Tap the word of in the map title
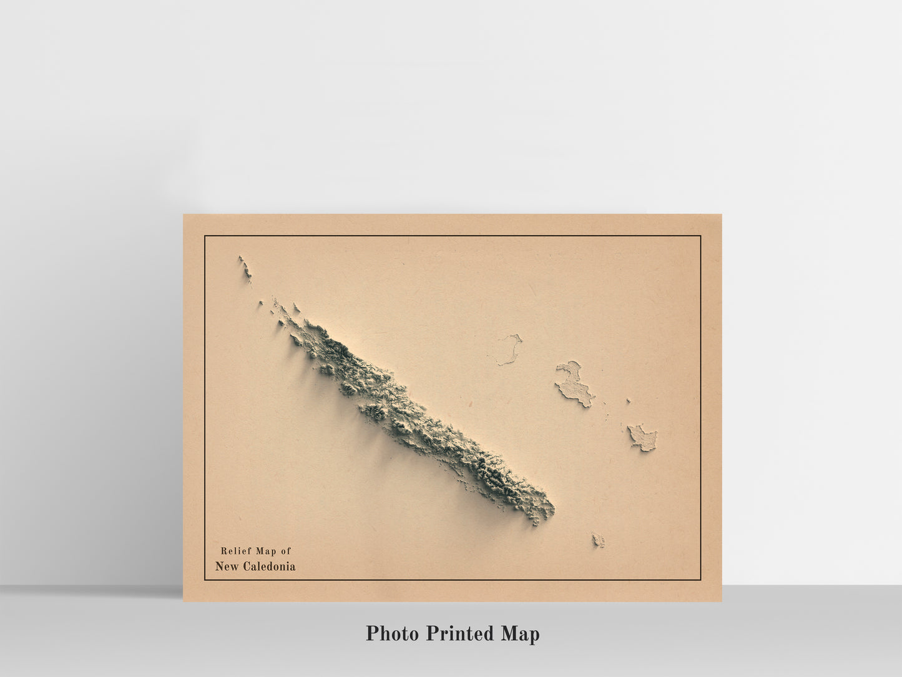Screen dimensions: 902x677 pos(285,551)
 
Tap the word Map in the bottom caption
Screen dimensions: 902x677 pos(520,634)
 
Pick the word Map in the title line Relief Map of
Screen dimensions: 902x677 pos(265,551)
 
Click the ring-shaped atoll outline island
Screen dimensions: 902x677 pos(509,350)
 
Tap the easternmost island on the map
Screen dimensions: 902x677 pos(642,437)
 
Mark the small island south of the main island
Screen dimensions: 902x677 pos(598,540)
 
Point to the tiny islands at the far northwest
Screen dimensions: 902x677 pos(244,267)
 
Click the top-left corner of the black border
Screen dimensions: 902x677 pos(205,236)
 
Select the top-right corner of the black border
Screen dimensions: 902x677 pos(701,236)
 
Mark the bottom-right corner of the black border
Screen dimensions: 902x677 pos(701,580)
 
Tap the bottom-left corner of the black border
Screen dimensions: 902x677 pos(205,580)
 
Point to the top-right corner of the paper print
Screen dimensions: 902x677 pos(722,215)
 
